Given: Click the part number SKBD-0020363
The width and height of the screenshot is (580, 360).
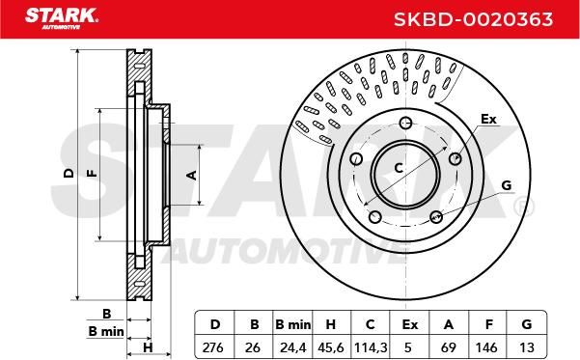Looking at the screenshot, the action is tap(473, 19).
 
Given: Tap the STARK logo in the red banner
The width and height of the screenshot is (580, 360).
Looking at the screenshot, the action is tap(62, 18).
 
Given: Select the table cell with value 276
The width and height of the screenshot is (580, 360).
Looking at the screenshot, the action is tap(213, 347).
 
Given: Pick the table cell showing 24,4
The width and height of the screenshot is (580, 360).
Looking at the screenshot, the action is tap(293, 347).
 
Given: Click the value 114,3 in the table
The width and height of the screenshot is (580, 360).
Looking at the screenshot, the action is tap(371, 347).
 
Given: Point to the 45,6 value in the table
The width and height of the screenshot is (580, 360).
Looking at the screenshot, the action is tap(331, 347).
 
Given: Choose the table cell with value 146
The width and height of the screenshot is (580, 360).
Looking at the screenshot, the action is tap(486, 347).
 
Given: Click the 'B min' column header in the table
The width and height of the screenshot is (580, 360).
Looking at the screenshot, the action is tap(293, 324).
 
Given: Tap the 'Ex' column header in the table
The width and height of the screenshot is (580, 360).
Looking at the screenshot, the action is tap(410, 324).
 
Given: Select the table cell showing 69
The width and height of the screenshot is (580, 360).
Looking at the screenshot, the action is tap(449, 347).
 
